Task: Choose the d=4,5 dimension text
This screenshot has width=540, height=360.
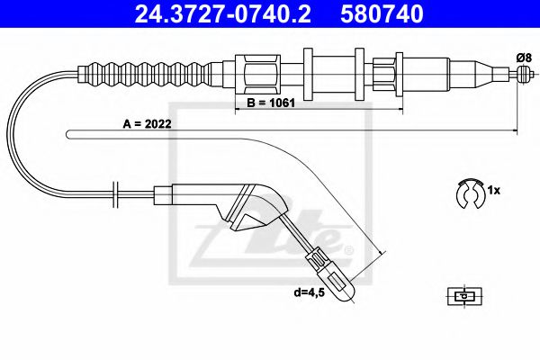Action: pyautogui.click(x=319, y=292)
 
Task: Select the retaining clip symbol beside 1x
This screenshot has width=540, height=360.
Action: pyautogui.click(x=470, y=193)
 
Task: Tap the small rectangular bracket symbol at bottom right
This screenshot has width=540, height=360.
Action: pyautogui.click(x=463, y=294)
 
